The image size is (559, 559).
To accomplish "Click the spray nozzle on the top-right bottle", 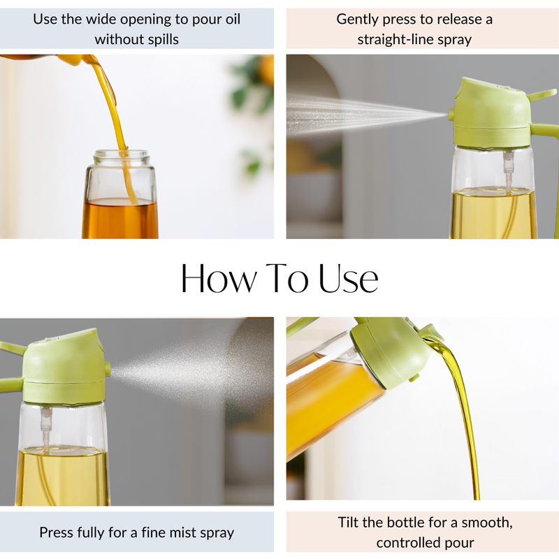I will [451, 113].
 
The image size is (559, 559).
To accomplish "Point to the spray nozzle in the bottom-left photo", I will [107, 368].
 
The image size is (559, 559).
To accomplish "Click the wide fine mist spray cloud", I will [189, 363].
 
